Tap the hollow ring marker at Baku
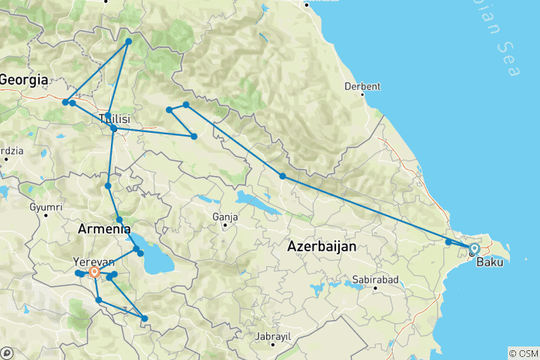(x=474, y=248)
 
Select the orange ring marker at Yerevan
(x=94, y=272)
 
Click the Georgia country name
(x=24, y=79)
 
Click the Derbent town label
(x=362, y=86)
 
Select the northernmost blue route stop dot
(x=129, y=41)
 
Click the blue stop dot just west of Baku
(x=448, y=241)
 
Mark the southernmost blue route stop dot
(x=145, y=319)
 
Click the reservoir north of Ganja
(x=247, y=199)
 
